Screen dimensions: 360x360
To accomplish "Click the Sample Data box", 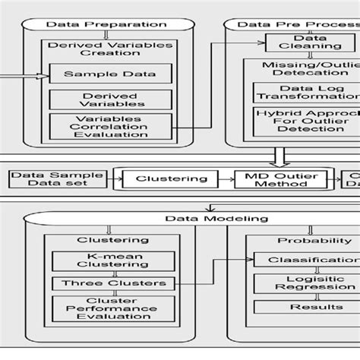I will point(110,74).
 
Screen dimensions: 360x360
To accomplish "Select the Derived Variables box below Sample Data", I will point(110,99).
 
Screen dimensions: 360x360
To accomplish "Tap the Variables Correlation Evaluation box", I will point(110,128).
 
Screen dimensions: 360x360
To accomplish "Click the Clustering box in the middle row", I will point(171,180).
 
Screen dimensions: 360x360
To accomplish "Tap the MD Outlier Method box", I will point(282,180).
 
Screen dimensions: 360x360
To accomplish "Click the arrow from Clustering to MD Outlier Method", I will point(231,180).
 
